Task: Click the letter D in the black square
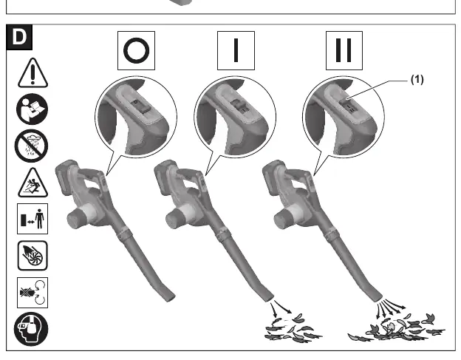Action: click(x=19, y=37)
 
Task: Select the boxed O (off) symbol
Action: click(x=136, y=50)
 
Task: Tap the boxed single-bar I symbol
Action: click(x=236, y=50)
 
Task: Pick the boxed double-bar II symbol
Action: click(x=344, y=50)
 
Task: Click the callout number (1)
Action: click(x=417, y=79)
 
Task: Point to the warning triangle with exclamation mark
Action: click(x=33, y=73)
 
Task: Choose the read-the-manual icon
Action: click(x=32, y=109)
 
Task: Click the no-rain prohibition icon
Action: click(x=32, y=146)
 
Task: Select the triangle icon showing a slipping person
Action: click(x=33, y=183)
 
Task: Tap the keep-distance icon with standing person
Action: click(x=33, y=219)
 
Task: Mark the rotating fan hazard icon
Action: click(x=33, y=256)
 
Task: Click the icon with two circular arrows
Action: click(x=33, y=292)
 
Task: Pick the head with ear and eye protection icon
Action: click(x=31, y=329)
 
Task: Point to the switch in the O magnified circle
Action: click(x=137, y=106)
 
